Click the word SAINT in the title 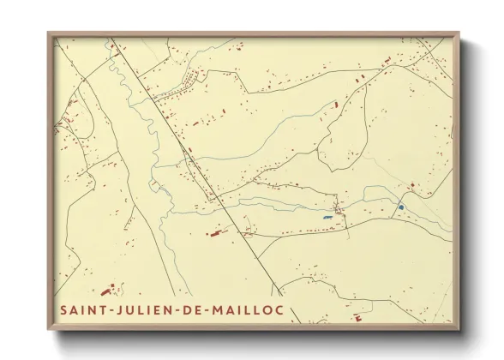83,309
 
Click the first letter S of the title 63,309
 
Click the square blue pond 400,207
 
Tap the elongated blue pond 327,218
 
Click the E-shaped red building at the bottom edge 357,318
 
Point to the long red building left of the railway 214,231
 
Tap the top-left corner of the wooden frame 48,33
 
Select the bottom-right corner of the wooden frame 459,330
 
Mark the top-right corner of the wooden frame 459,33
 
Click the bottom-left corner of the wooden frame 48,330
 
